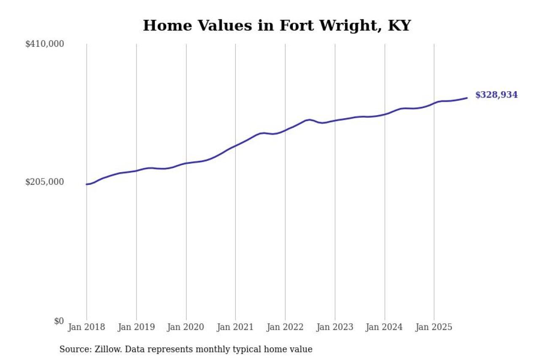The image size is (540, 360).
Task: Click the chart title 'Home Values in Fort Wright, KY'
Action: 277,26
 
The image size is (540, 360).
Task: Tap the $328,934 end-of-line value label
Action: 496,95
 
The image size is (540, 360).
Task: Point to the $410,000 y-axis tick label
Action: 45,44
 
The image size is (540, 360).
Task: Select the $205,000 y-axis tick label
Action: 45,182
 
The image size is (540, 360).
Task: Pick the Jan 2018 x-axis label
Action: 86,328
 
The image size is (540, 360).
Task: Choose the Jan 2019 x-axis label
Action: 136,328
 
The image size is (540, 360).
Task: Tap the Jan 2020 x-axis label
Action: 186,328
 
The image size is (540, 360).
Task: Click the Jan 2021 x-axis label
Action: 235,328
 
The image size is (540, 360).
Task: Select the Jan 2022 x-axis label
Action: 285,328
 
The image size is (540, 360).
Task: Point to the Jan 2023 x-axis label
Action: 335,328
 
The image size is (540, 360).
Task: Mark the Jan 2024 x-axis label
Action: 384,328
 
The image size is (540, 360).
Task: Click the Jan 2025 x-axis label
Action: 434,328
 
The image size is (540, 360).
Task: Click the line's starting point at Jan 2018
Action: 87,184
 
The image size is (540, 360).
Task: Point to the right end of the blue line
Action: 467,98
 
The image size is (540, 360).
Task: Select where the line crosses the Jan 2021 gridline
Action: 235,146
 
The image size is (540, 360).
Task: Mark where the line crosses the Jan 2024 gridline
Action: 384,114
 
